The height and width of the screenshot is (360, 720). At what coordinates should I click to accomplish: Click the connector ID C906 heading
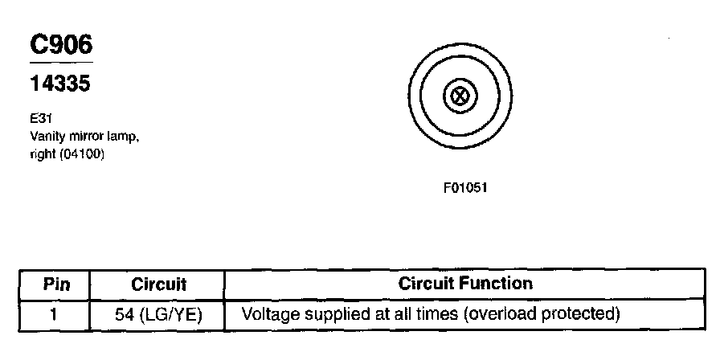[x=61, y=44]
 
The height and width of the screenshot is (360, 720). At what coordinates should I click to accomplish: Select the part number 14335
[x=59, y=84]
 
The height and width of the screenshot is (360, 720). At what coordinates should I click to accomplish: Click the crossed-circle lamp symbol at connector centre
[x=460, y=97]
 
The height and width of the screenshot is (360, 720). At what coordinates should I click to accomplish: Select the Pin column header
[x=55, y=284]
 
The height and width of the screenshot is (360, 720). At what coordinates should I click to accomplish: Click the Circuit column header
[x=158, y=284]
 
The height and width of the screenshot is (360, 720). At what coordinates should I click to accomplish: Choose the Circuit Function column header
[x=465, y=284]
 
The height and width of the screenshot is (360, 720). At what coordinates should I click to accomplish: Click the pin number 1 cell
[x=53, y=312]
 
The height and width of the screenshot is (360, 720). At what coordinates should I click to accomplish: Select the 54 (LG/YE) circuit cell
[x=158, y=312]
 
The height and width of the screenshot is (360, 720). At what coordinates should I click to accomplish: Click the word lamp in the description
[x=119, y=137]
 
